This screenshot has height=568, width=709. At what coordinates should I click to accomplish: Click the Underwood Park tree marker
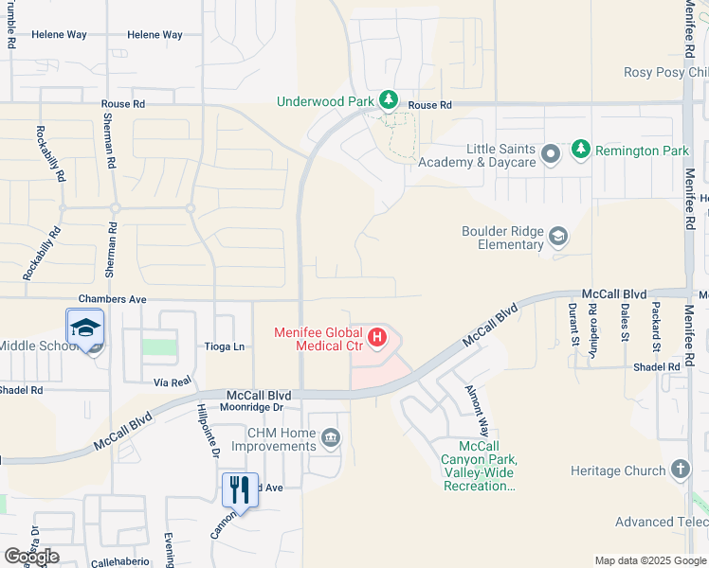pyautogui.click(x=388, y=100)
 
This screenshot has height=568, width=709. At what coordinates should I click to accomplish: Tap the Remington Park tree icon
pyautogui.click(x=581, y=150)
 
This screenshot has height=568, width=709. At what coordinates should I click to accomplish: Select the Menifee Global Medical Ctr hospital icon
pyautogui.click(x=377, y=337)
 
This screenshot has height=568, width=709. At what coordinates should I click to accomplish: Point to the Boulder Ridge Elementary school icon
pyautogui.click(x=558, y=237)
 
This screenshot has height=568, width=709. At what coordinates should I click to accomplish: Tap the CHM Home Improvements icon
pyautogui.click(x=331, y=436)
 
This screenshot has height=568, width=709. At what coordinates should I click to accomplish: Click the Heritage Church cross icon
pyautogui.click(x=679, y=470)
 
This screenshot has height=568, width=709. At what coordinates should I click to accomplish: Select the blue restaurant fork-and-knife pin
pyautogui.click(x=240, y=490)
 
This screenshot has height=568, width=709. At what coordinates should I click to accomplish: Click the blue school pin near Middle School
pyautogui.click(x=85, y=328)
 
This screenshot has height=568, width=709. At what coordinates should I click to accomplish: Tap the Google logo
pyautogui.click(x=31, y=556)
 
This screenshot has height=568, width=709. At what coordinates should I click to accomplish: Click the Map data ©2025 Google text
pyautogui.click(x=650, y=560)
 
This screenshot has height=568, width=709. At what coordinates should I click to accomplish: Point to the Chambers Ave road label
pyautogui.click(x=112, y=298)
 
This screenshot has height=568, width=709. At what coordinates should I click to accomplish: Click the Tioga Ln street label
pyautogui.click(x=225, y=346)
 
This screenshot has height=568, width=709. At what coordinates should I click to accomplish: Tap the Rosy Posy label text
pyautogui.click(x=664, y=73)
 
